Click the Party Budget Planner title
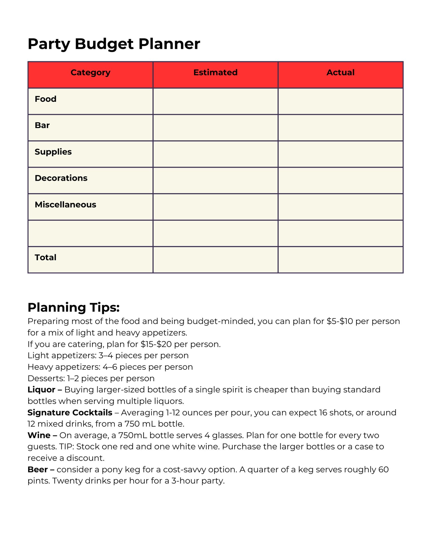coord(114,44)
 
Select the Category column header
coord(90,72)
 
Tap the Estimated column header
coord(215,72)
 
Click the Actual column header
coord(340,72)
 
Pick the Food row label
coord(45,99)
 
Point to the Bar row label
coord(42,125)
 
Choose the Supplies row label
coord(53,152)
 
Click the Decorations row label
coord(61,178)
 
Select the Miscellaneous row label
coord(65,204)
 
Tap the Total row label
coord(45,257)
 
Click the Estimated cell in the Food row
coord(215,101)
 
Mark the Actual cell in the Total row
coord(340,260)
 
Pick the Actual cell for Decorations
coord(340,180)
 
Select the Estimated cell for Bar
coord(215,128)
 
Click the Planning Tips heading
coord(74,307)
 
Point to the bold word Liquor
coord(41,390)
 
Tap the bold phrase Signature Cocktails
coord(70,413)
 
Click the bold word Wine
coord(39,435)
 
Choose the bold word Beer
coord(38,469)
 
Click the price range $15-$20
coord(156,344)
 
